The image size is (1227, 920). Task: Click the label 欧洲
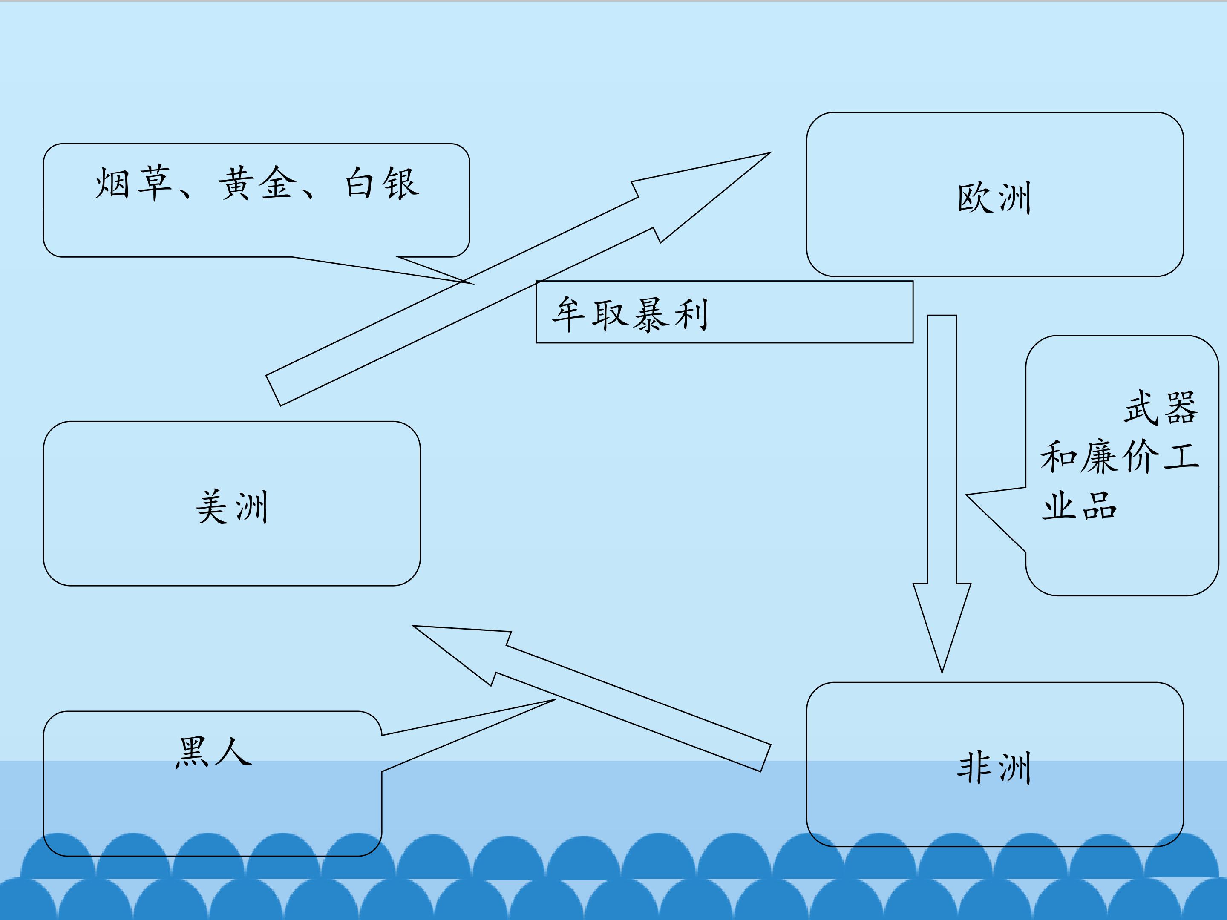(994, 198)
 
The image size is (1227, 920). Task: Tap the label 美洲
(232, 507)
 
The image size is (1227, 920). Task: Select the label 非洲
(994, 768)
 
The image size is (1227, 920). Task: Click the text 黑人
(213, 753)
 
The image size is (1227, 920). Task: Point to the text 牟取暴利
(630, 314)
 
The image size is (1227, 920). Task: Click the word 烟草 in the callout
(133, 183)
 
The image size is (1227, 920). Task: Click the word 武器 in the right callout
(1161, 408)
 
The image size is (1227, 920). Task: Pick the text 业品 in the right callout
(1079, 506)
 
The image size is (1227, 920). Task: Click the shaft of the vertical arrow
(942, 444)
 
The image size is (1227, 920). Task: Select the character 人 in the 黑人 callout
(233, 753)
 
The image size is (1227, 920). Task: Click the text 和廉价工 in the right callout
(1119, 457)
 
